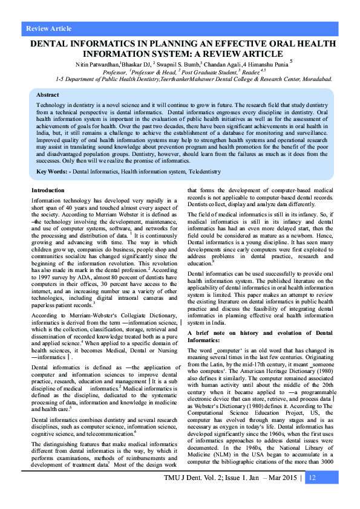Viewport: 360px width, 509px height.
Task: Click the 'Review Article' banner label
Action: pyautogui.click(x=49, y=28)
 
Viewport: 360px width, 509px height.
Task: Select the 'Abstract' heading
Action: pyautogui.click(x=48, y=95)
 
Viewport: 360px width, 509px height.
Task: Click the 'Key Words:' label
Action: pyautogui.click(x=53, y=172)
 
